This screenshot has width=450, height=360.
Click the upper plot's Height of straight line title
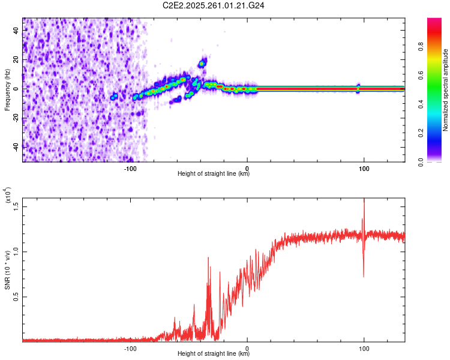pos(214,174)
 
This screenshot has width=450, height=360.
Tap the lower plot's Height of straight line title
pos(214,353)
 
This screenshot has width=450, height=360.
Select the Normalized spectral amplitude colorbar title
pos(446,90)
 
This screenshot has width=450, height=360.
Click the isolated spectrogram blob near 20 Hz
pos(203,62)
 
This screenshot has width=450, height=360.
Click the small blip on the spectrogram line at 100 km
pos(358,88)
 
